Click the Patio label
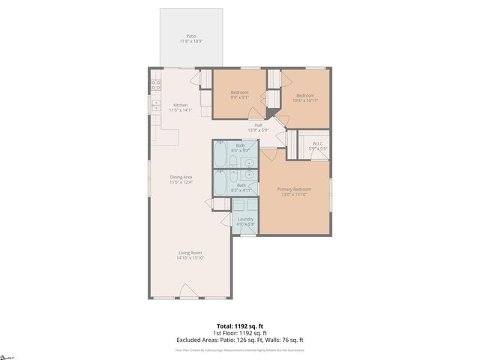(x=190, y=35)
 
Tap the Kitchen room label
(x=181, y=104)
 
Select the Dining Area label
(x=181, y=177)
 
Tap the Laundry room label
(x=245, y=219)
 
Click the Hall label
(x=258, y=124)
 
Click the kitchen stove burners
(x=155, y=85)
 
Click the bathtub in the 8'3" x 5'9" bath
(x=222, y=155)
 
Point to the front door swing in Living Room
(x=190, y=291)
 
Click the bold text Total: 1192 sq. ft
(x=239, y=325)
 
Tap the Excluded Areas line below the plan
(x=239, y=340)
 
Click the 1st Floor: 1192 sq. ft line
(x=239, y=333)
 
